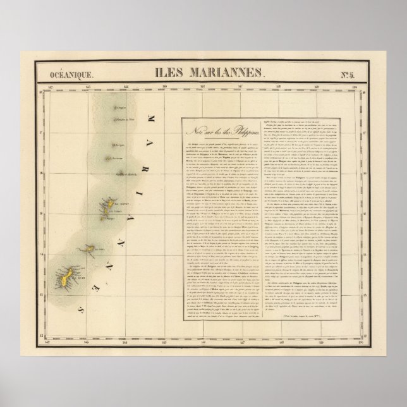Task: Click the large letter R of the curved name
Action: click(150, 157)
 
